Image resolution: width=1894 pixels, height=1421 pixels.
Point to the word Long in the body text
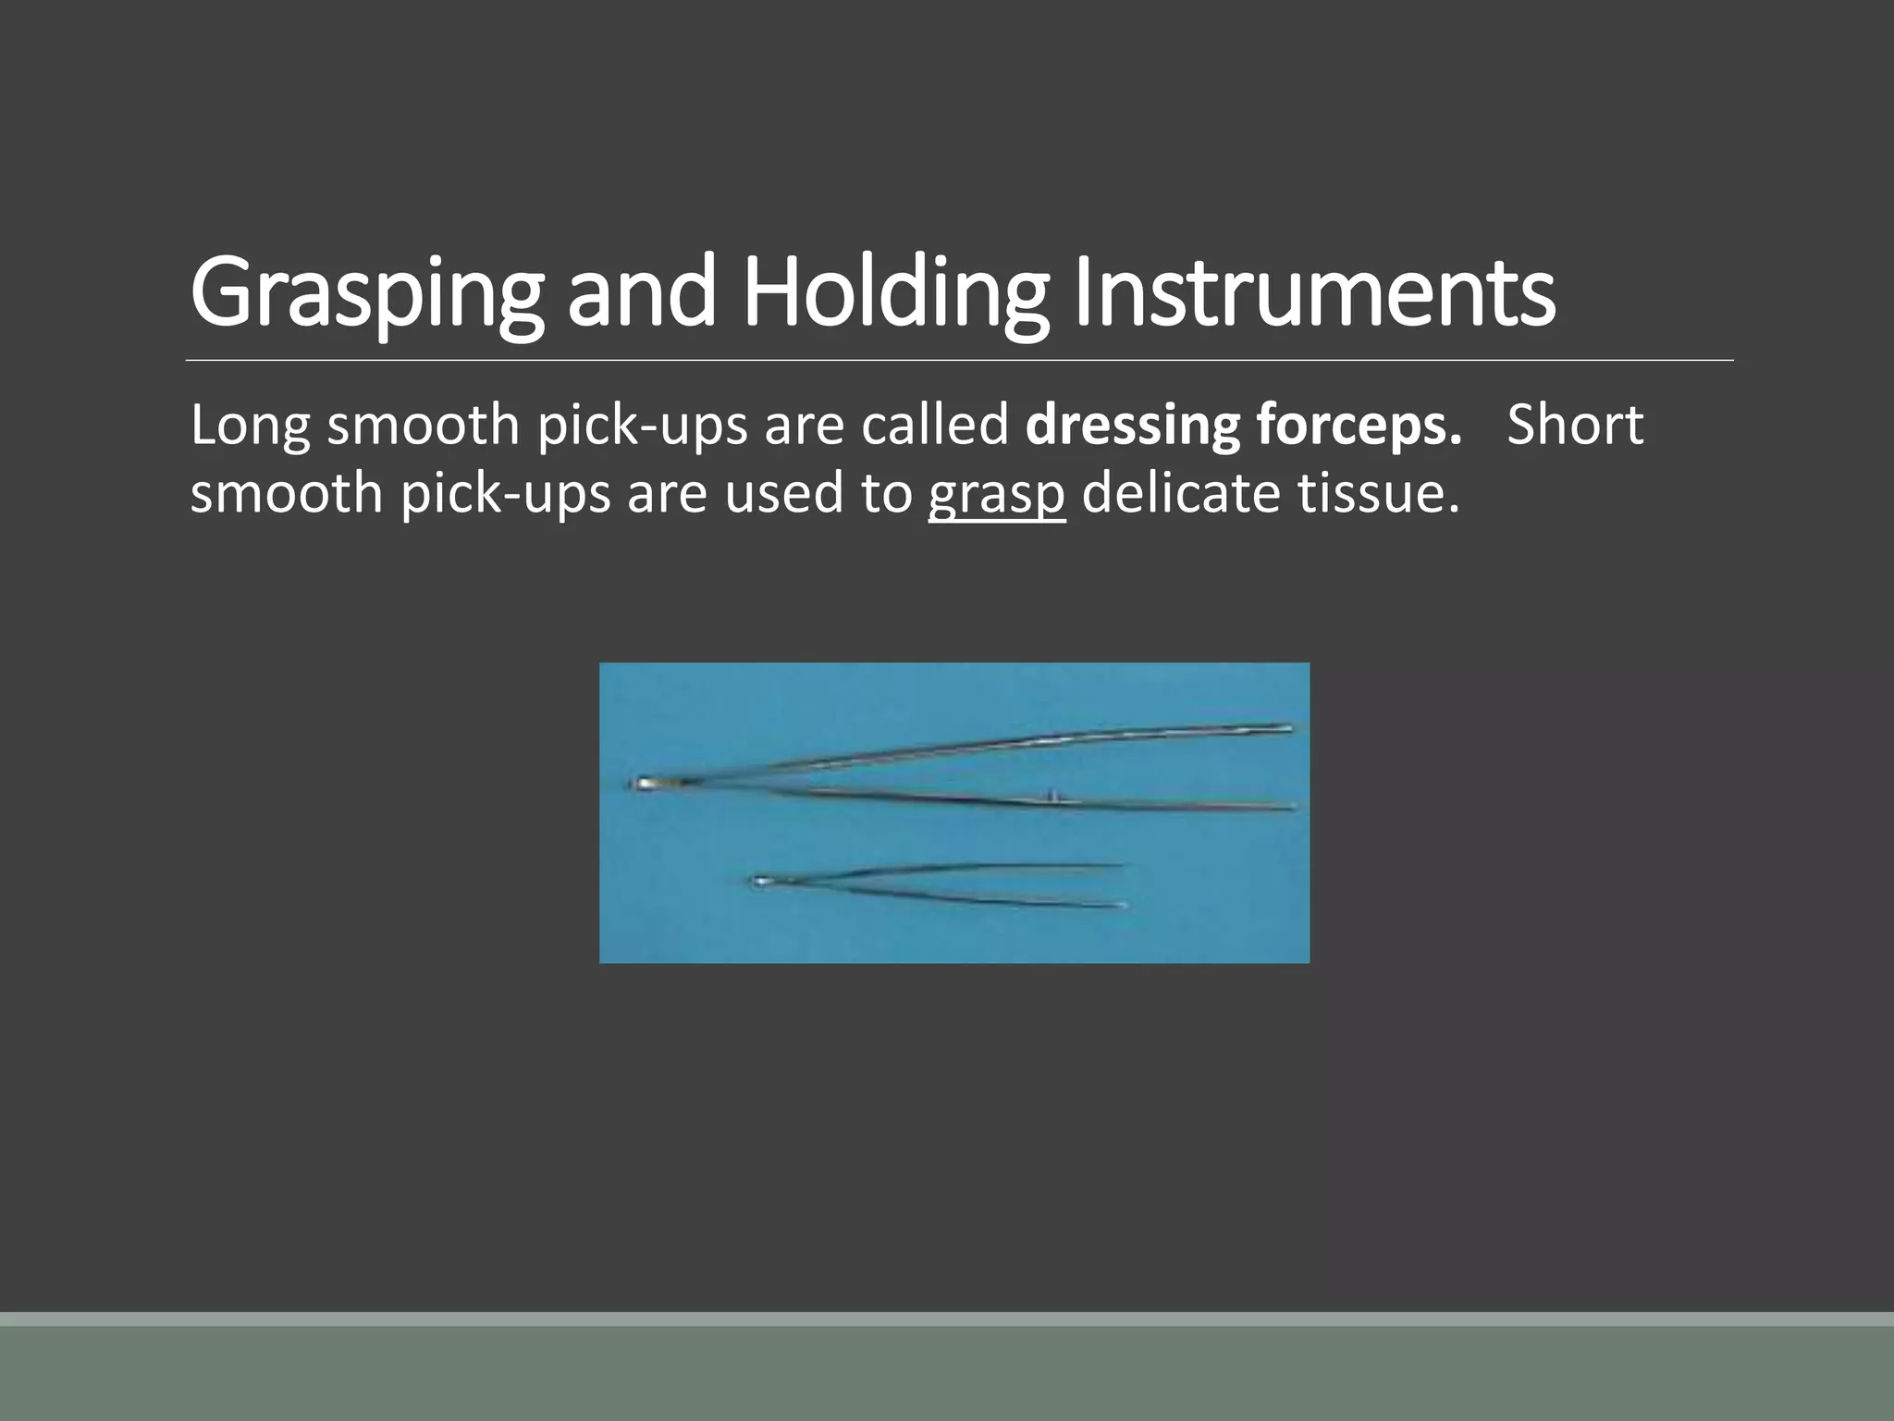[250, 426]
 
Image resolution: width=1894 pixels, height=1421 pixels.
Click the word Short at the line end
[1575, 426]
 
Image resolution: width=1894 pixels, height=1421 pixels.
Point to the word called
[934, 426]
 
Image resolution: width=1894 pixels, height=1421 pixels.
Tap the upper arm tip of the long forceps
[1286, 728]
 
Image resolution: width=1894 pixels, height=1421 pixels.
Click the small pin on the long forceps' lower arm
[1051, 794]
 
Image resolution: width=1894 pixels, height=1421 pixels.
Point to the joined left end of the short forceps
[760, 882]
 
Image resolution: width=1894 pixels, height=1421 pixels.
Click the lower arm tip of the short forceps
[1120, 905]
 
